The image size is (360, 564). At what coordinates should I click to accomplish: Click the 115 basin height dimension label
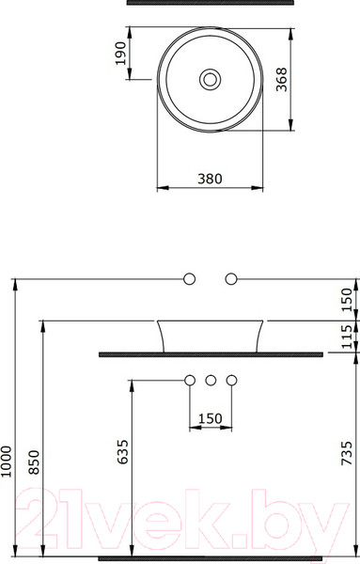(349, 336)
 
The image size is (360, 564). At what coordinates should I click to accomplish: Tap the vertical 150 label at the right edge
(349, 298)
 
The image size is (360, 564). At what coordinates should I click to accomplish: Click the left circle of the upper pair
(189, 278)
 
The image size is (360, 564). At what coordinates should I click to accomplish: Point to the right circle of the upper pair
(230, 278)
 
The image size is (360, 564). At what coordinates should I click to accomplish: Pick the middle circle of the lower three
(210, 381)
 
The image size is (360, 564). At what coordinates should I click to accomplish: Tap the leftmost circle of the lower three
(189, 381)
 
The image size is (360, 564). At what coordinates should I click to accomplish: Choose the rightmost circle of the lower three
(230, 381)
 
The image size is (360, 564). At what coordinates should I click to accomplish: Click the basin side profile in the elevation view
(210, 335)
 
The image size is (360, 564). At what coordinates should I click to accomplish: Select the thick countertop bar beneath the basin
(211, 354)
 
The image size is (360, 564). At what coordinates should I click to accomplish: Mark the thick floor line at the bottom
(211, 558)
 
